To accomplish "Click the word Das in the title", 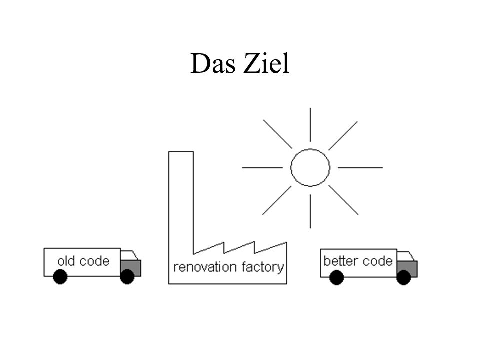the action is [213, 63].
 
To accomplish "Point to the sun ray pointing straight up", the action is [310, 125].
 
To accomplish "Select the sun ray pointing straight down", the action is [310, 211].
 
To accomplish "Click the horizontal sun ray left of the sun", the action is [262, 168].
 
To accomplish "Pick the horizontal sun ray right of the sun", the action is [360, 168].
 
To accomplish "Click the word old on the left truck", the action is [66, 261].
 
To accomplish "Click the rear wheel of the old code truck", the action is [60, 277].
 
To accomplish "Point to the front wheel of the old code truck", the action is [127, 277].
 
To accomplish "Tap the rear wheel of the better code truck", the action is [336, 278].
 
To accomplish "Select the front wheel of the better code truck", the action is [404, 278].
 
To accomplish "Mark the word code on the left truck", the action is [95, 261].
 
